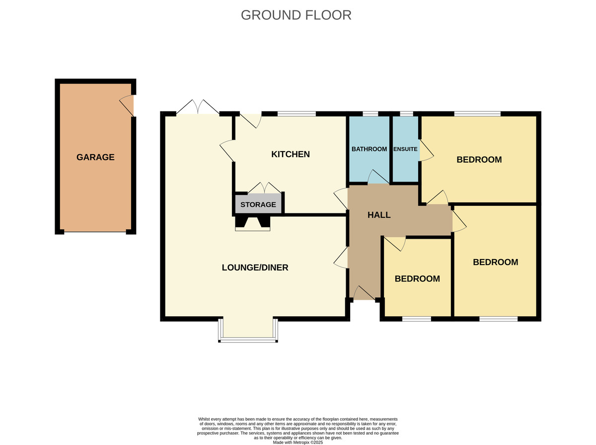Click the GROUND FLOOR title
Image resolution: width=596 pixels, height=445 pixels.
(x=296, y=15)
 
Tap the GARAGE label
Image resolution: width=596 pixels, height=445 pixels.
(x=95, y=157)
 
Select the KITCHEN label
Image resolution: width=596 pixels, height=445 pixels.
(x=291, y=154)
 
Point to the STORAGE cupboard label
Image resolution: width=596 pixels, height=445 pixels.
(x=258, y=204)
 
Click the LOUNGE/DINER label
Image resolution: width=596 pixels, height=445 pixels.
(x=255, y=267)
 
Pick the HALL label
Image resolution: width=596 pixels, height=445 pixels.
(x=379, y=215)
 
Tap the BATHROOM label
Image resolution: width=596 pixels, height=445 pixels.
(x=370, y=149)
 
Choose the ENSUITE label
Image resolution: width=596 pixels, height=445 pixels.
(x=405, y=149)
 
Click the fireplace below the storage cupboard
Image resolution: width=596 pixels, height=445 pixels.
(x=252, y=223)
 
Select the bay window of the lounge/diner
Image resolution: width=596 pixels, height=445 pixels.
(x=248, y=330)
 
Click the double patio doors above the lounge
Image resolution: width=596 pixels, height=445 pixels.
(x=198, y=107)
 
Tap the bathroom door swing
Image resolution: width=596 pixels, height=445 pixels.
(x=378, y=177)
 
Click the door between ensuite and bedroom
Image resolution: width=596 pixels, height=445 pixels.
(x=426, y=150)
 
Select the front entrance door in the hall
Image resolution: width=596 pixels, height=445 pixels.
(x=364, y=293)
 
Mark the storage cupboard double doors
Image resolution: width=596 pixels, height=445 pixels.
(x=264, y=188)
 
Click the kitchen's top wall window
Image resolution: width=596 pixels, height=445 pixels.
(x=297, y=114)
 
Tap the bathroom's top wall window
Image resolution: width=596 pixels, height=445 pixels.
(x=371, y=114)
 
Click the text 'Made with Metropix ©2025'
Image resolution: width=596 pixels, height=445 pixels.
(x=298, y=443)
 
